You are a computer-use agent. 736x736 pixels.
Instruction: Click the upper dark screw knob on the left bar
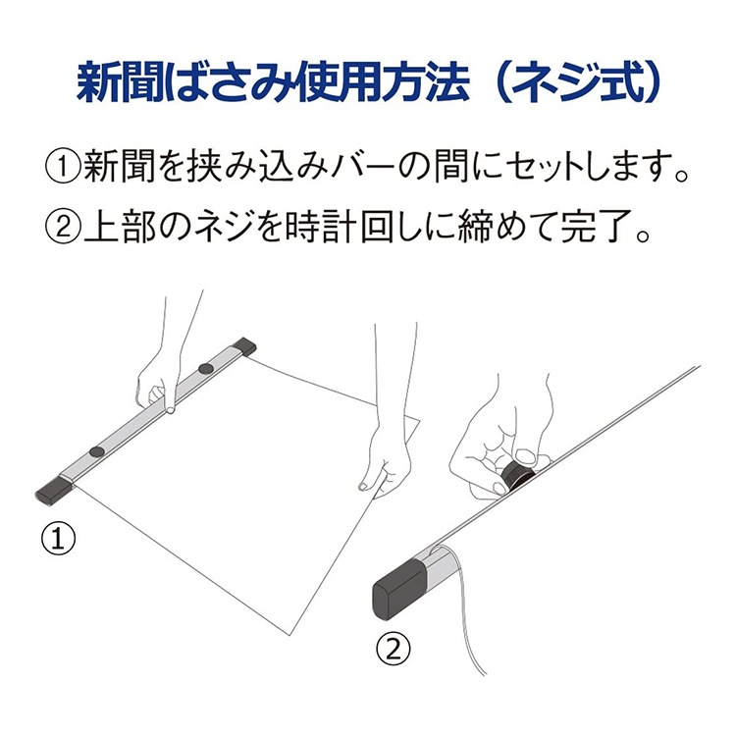[205, 368]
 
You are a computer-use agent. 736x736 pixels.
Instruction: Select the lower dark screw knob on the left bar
[97, 451]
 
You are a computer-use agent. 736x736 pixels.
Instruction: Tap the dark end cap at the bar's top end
[244, 346]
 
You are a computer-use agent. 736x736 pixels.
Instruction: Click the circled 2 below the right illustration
[394, 649]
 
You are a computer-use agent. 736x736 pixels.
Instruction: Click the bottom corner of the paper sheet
[291, 636]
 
